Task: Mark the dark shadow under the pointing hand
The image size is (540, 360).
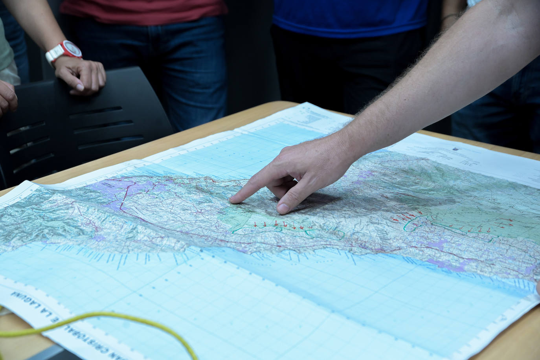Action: coord(314,200)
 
